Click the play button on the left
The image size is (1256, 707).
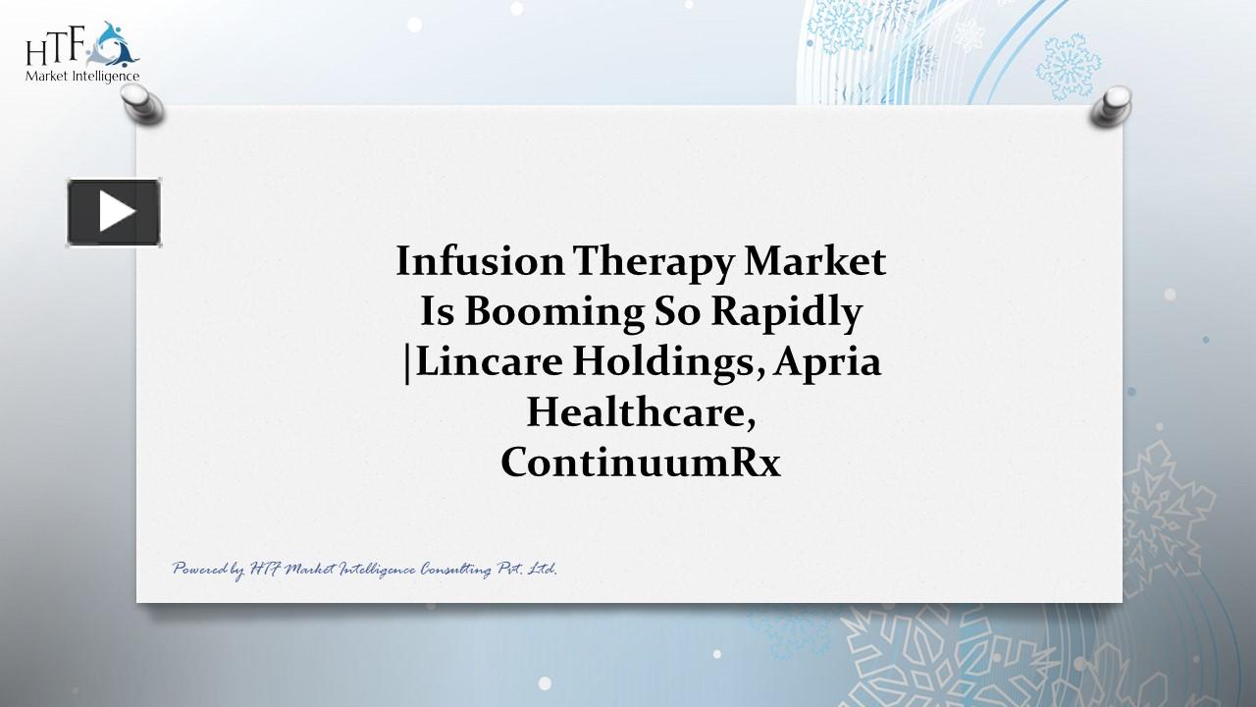[114, 212]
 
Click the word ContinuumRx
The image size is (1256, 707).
[641, 462]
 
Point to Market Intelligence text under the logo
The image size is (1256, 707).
[82, 77]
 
